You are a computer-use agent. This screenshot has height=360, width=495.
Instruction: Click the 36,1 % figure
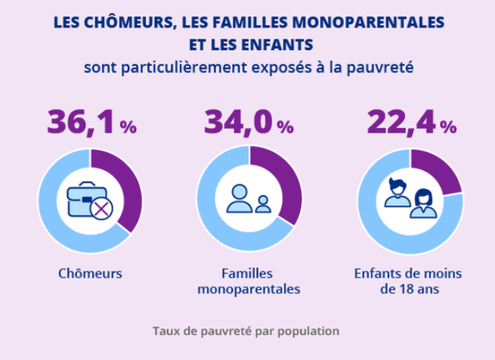(x=92, y=123)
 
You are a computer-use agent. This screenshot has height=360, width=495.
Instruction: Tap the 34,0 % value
(x=249, y=123)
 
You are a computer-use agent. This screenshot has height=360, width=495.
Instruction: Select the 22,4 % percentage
(x=412, y=123)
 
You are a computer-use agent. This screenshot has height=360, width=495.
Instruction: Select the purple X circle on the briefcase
(x=101, y=209)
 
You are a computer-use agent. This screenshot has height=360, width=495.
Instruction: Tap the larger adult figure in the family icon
(x=239, y=198)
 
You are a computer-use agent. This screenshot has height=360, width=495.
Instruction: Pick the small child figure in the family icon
(x=263, y=204)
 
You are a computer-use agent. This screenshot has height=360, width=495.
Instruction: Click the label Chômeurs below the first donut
(x=90, y=274)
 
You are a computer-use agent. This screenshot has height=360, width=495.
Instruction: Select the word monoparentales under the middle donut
(x=249, y=289)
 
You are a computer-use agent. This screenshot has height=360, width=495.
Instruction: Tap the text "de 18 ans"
(x=410, y=289)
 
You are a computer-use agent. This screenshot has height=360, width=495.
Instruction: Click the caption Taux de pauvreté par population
(x=246, y=331)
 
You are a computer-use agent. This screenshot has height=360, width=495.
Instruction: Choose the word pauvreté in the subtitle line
(x=380, y=68)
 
